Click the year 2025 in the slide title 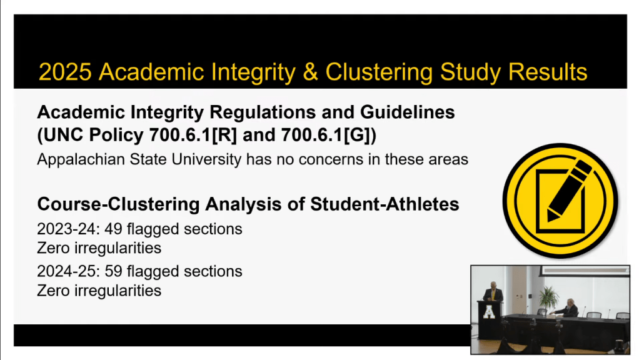pos(65,72)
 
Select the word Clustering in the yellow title pos(379,72)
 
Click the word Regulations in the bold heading pos(263,112)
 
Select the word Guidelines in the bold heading pos(407,112)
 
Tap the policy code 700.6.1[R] pos(193,135)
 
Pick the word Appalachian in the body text pos(81,159)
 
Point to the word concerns pos(331,159)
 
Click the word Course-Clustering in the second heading pos(118,204)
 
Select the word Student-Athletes pos(385,204)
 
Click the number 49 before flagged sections pos(113,229)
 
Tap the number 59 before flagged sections pos(113,271)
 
